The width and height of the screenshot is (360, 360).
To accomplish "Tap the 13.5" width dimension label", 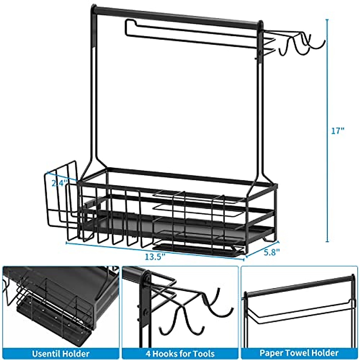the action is coord(155,257).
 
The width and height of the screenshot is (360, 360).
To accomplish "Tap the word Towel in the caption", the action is coord(299,353).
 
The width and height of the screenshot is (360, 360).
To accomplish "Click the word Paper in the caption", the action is coord(271,353).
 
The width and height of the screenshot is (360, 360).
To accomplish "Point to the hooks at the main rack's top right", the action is coord(300,45).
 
